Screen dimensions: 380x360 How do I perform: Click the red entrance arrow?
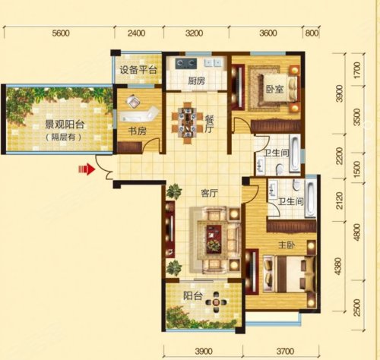click(x=87, y=169)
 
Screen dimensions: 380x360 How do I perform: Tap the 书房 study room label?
click(x=137, y=131)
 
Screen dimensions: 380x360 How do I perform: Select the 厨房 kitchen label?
click(x=197, y=81)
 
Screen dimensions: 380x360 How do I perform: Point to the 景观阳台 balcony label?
click(x=65, y=125)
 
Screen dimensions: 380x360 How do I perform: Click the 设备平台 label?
click(x=138, y=70)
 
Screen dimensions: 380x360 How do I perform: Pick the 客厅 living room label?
click(x=209, y=194)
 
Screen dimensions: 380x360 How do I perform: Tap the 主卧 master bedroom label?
click(x=287, y=245)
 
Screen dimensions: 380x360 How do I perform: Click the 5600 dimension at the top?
click(x=61, y=33)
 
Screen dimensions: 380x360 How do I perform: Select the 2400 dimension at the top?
click(x=137, y=33)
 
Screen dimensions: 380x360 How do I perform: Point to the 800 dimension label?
click(x=312, y=33)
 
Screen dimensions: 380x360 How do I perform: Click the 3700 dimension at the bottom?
click(x=285, y=352)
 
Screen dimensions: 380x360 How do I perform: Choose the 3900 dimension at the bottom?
click(x=204, y=352)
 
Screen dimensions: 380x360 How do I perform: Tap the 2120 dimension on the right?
click(x=340, y=201)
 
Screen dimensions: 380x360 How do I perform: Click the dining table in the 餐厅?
click(x=188, y=123)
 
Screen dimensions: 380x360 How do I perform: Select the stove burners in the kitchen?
click(x=186, y=63)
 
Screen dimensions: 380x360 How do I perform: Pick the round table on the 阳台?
click(x=216, y=302)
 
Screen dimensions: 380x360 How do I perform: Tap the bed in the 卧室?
click(x=277, y=89)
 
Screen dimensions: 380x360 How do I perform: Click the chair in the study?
click(x=133, y=101)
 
